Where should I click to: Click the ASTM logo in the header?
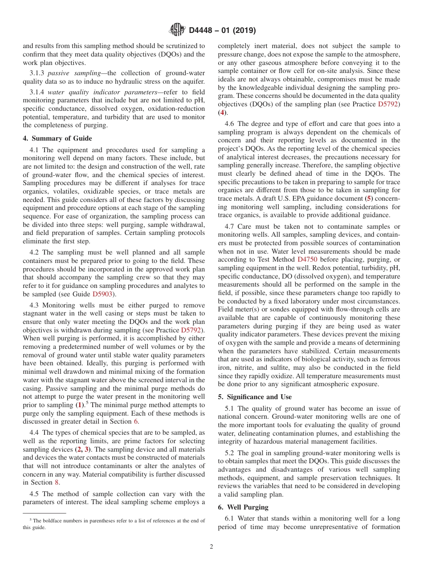pyautogui.click(x=177, y=30)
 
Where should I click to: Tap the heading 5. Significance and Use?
pyautogui.click(x=255, y=396)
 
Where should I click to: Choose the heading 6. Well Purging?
pyautogui.click(x=242, y=507)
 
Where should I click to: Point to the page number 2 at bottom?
pyautogui.click(x=211, y=547)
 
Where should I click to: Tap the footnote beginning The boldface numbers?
pyautogui.click(x=114, y=524)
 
